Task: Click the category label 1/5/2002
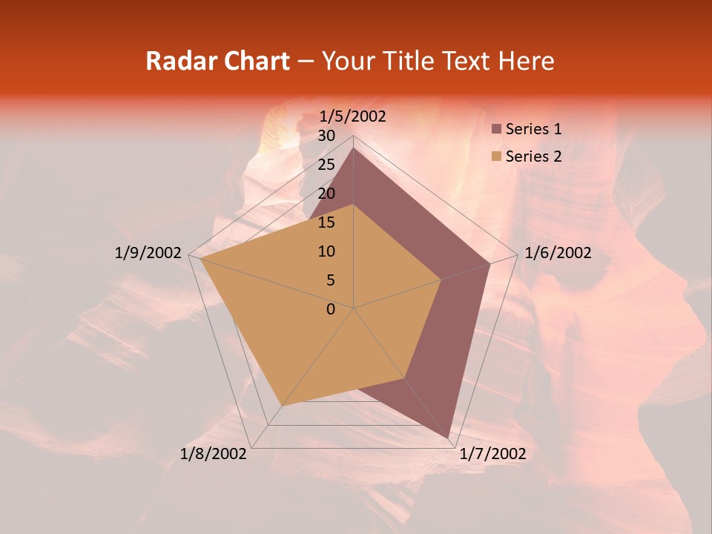pos(353,116)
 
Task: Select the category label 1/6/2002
pos(558,253)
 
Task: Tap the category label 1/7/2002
pos(492,454)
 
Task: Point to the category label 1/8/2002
pos(214,454)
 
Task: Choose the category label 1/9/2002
pos(148,253)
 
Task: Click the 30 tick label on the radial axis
pos(326,136)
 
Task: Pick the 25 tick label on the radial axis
pos(326,165)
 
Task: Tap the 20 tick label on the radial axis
pos(326,194)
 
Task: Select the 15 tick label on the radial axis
pos(326,222)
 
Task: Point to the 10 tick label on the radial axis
pos(326,251)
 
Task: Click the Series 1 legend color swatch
pos(497,129)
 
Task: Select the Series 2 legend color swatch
pos(497,156)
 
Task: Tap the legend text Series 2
pos(533,156)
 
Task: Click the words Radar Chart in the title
pos(217,61)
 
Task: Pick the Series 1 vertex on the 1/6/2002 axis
pos(489,263)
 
